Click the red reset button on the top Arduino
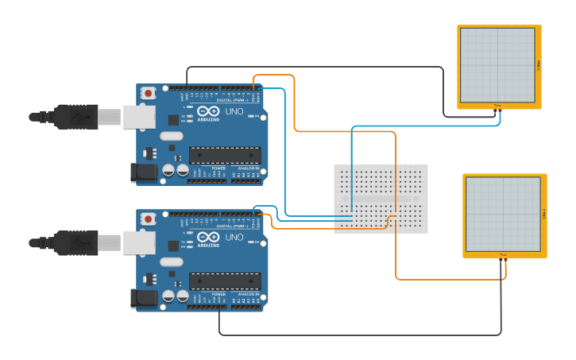pos(148,93)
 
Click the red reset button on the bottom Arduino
pos(148,219)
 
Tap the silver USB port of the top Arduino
pos(138,117)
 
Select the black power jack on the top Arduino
pos(144,172)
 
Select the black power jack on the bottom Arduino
pos(144,298)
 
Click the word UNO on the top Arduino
pos(234,111)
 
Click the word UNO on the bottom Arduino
pos(234,237)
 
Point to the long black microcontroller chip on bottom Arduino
pos(225,281)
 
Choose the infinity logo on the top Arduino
pos(208,112)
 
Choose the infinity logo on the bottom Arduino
pos(208,238)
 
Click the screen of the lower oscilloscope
pos(503,215)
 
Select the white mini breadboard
pos(381,199)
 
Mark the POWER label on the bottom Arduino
pos(218,294)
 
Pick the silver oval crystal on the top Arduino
pos(171,136)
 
